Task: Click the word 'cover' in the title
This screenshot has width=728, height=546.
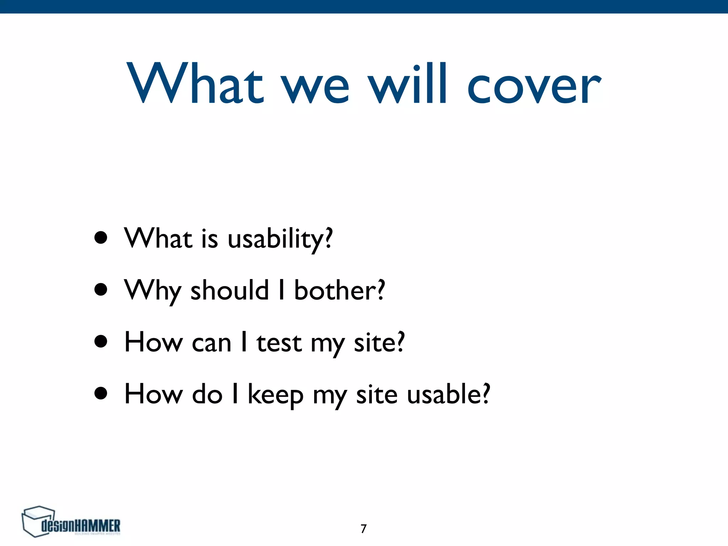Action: [534, 85]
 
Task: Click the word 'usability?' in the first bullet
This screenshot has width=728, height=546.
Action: [280, 239]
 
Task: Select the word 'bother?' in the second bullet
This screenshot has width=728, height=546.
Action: [339, 290]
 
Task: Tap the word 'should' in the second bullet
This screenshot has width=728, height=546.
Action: [230, 290]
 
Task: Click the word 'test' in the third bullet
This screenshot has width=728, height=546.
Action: [279, 343]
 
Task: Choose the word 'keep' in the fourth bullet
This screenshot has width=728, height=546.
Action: [275, 395]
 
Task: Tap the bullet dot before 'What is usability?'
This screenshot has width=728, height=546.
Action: [101, 238]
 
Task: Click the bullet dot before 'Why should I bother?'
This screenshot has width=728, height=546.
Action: [101, 290]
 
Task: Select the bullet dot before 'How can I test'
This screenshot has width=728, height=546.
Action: [101, 342]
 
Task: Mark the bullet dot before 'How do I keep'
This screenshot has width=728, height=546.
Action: [101, 394]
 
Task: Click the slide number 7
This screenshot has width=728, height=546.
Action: [363, 529]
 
